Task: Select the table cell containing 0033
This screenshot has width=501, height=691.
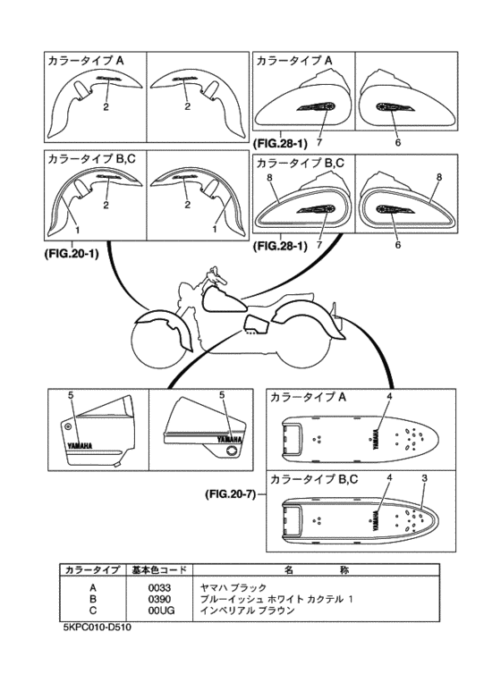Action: coord(158,586)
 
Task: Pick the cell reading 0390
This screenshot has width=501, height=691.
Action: coord(158,598)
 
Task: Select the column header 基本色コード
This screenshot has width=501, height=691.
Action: coord(158,569)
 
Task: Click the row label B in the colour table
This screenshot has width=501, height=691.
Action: coord(92,598)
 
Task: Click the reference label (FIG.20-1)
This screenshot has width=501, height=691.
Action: coord(71,254)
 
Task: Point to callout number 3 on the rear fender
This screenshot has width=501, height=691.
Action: coord(424,477)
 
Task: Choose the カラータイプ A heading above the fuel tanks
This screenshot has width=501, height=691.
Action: coord(294,60)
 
